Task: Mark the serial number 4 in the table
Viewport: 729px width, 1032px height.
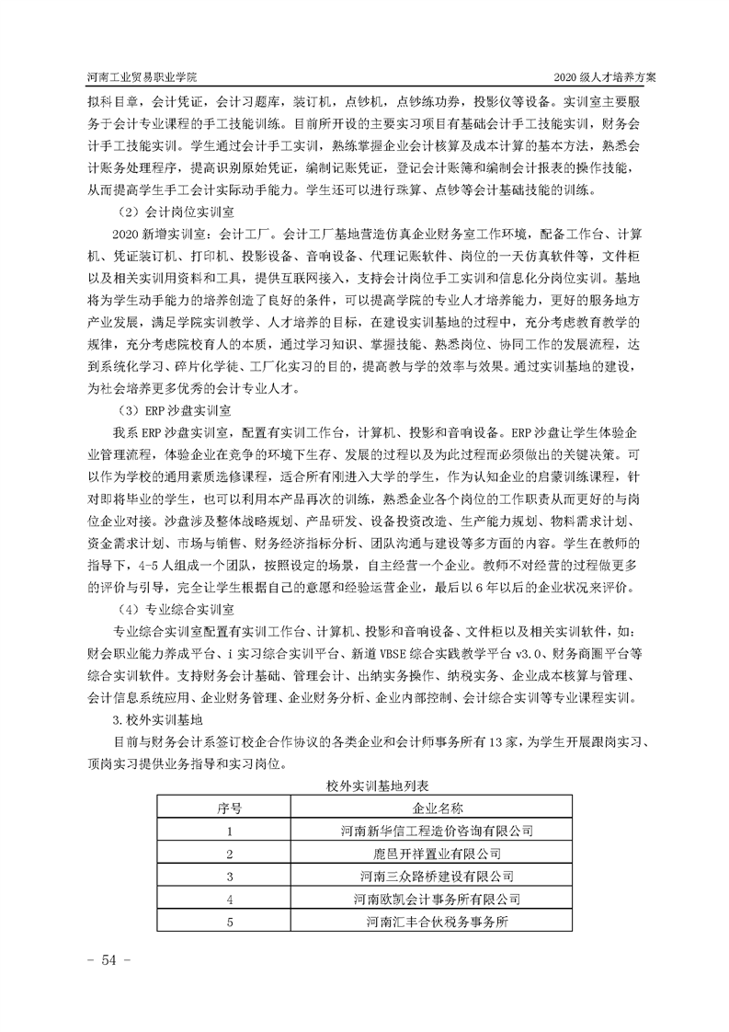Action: [x=230, y=899]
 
